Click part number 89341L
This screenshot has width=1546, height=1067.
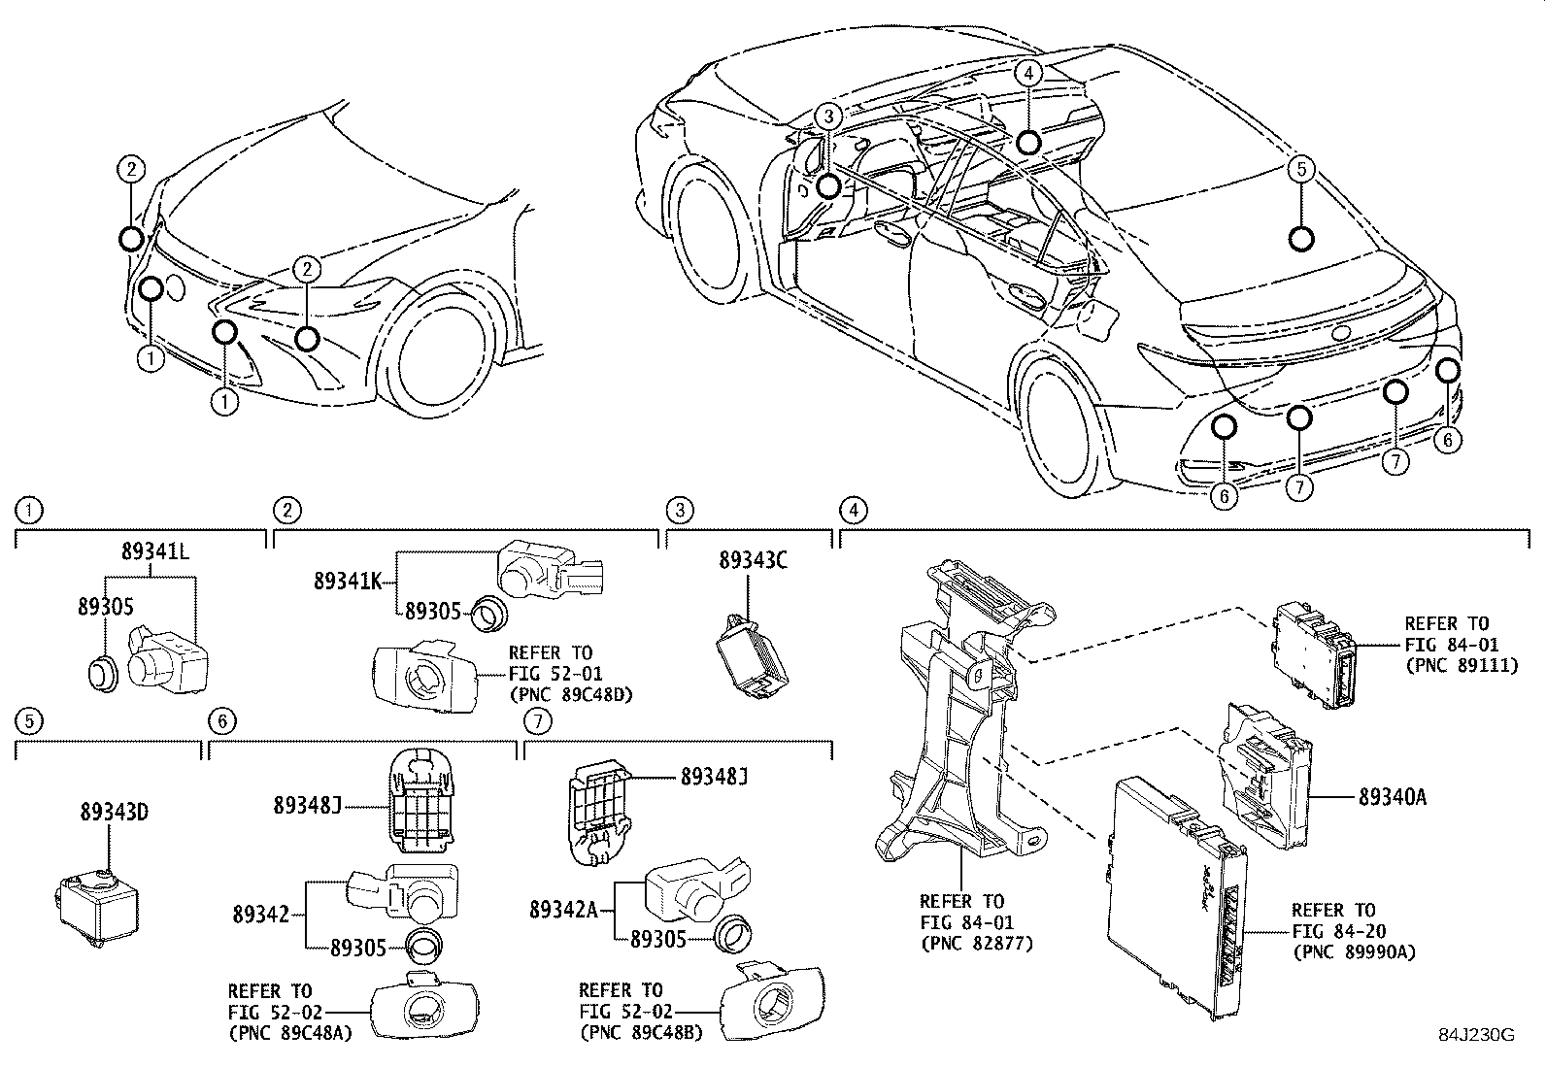(x=155, y=550)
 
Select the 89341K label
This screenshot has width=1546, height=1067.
(x=347, y=581)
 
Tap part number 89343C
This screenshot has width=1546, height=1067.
(x=753, y=560)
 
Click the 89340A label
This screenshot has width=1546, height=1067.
(x=1392, y=797)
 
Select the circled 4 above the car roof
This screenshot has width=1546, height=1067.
(x=1029, y=71)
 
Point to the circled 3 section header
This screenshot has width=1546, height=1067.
(x=680, y=509)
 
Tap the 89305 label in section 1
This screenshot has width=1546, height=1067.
(x=105, y=606)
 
